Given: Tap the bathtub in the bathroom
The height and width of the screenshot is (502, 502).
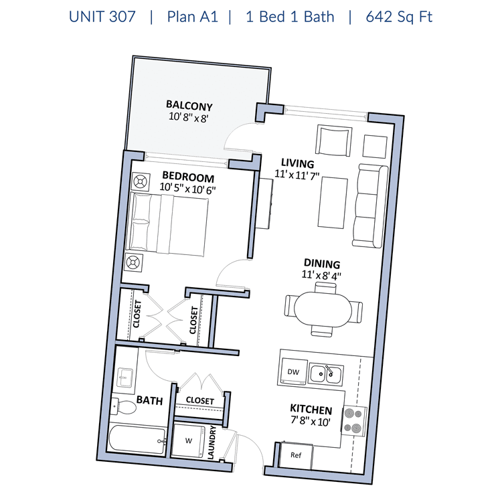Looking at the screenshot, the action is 138,439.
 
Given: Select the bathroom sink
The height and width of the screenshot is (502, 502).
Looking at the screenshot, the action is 125,378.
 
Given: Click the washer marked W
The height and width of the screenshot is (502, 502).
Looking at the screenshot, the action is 189,441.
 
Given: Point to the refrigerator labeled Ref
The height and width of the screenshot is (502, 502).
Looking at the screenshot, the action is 296,455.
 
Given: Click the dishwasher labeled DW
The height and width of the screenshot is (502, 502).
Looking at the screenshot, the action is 293,371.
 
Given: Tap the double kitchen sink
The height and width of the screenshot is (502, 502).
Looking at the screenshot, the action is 326,374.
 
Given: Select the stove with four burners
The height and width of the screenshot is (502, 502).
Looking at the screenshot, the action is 354,420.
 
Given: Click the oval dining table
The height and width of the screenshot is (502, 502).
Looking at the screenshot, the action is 323,309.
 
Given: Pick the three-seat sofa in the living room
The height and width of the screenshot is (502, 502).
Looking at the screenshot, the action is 370,206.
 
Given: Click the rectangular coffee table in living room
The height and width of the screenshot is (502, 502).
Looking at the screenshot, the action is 333,203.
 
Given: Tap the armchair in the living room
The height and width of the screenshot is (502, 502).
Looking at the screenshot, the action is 333,141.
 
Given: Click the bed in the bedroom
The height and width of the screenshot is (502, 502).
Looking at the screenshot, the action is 167,224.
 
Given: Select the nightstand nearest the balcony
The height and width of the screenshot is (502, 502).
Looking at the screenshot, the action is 141,182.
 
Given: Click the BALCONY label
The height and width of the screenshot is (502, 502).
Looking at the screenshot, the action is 189,105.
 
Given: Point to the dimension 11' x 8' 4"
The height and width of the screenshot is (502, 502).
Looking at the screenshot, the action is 321,275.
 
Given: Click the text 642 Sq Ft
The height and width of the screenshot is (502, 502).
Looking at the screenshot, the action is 399,17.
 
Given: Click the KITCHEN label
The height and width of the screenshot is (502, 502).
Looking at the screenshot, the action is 311,410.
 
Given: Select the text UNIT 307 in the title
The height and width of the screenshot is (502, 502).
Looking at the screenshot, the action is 102,17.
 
